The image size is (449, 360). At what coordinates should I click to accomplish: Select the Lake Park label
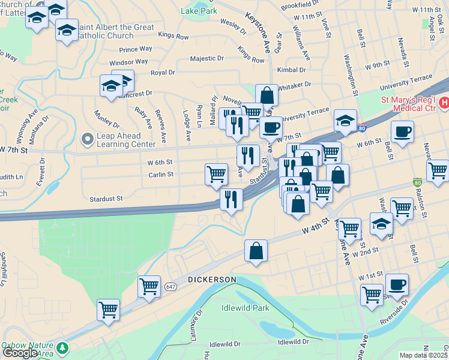[199, 11]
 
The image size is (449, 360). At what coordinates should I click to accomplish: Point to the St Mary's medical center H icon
[444, 103]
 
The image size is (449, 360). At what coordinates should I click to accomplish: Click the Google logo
[19, 353]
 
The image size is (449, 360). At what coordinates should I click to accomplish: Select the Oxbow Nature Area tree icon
[62, 348]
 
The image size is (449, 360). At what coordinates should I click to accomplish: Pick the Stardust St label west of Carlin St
[106, 198]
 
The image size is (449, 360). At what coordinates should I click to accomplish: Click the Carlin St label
[161, 175]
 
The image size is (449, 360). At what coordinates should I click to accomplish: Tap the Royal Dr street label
[163, 73]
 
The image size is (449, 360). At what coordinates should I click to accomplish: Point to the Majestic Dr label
[206, 59]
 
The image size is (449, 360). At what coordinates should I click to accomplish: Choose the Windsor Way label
[128, 62]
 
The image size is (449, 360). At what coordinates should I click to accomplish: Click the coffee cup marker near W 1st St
[397, 283]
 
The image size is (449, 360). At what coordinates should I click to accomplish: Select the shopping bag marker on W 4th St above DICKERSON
[256, 251]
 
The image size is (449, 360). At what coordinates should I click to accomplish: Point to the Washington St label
[351, 75]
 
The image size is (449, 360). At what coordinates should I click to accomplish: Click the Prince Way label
[136, 49]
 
